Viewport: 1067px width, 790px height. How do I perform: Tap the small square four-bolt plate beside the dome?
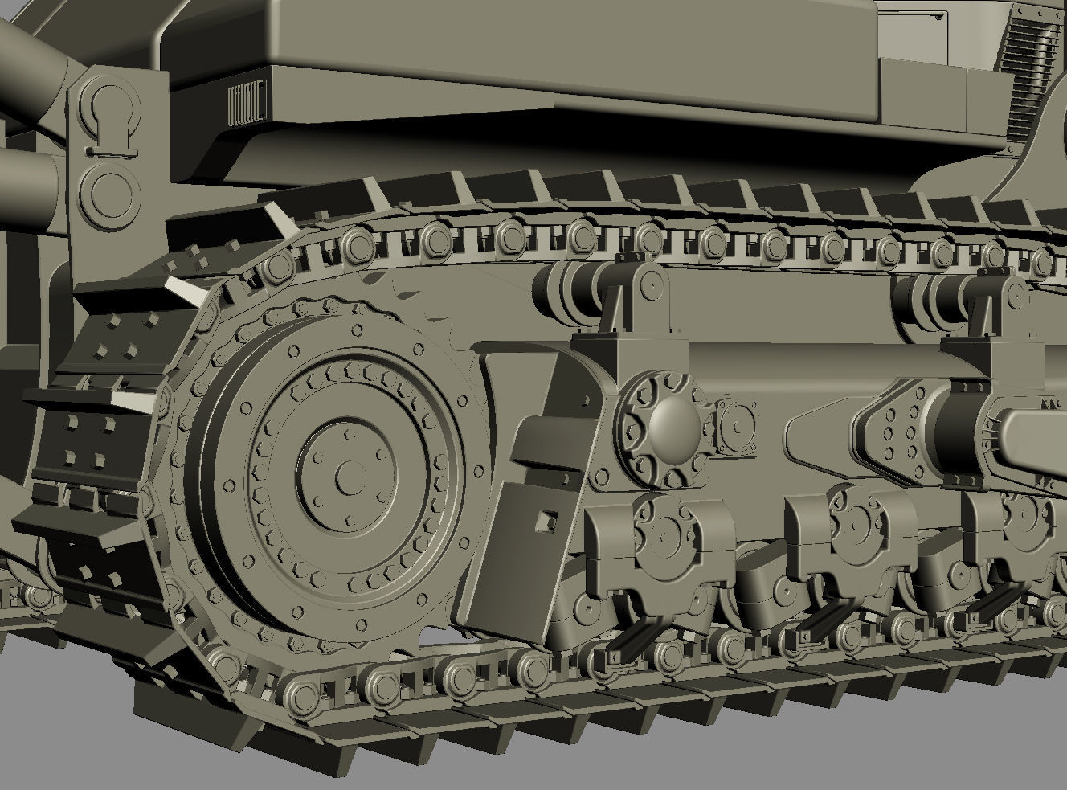[x=733, y=420]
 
